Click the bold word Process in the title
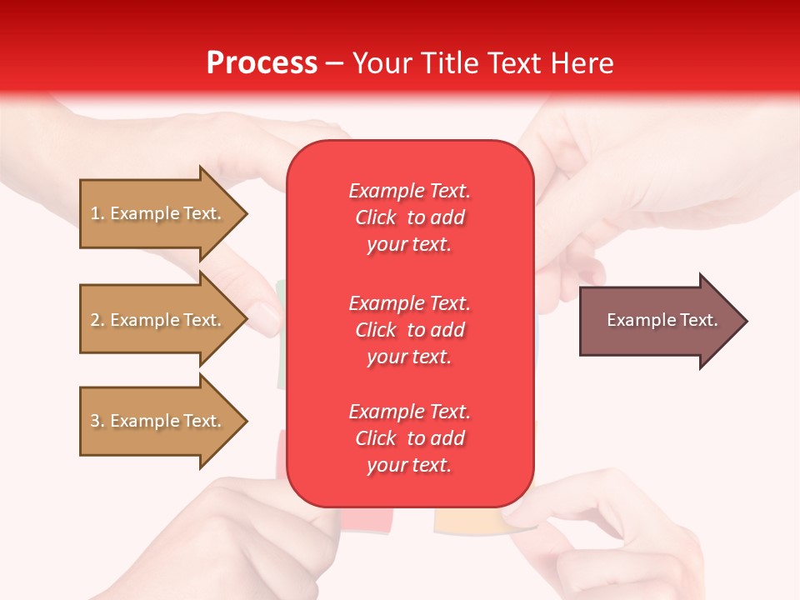click(x=262, y=63)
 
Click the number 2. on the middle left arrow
click(x=97, y=320)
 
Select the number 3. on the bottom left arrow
click(x=97, y=421)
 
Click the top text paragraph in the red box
click(x=409, y=217)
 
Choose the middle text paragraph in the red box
click(x=409, y=330)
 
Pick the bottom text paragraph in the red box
click(x=409, y=438)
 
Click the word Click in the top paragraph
click(x=376, y=217)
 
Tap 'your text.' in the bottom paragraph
click(x=409, y=465)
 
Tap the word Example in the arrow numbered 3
click(x=144, y=421)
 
